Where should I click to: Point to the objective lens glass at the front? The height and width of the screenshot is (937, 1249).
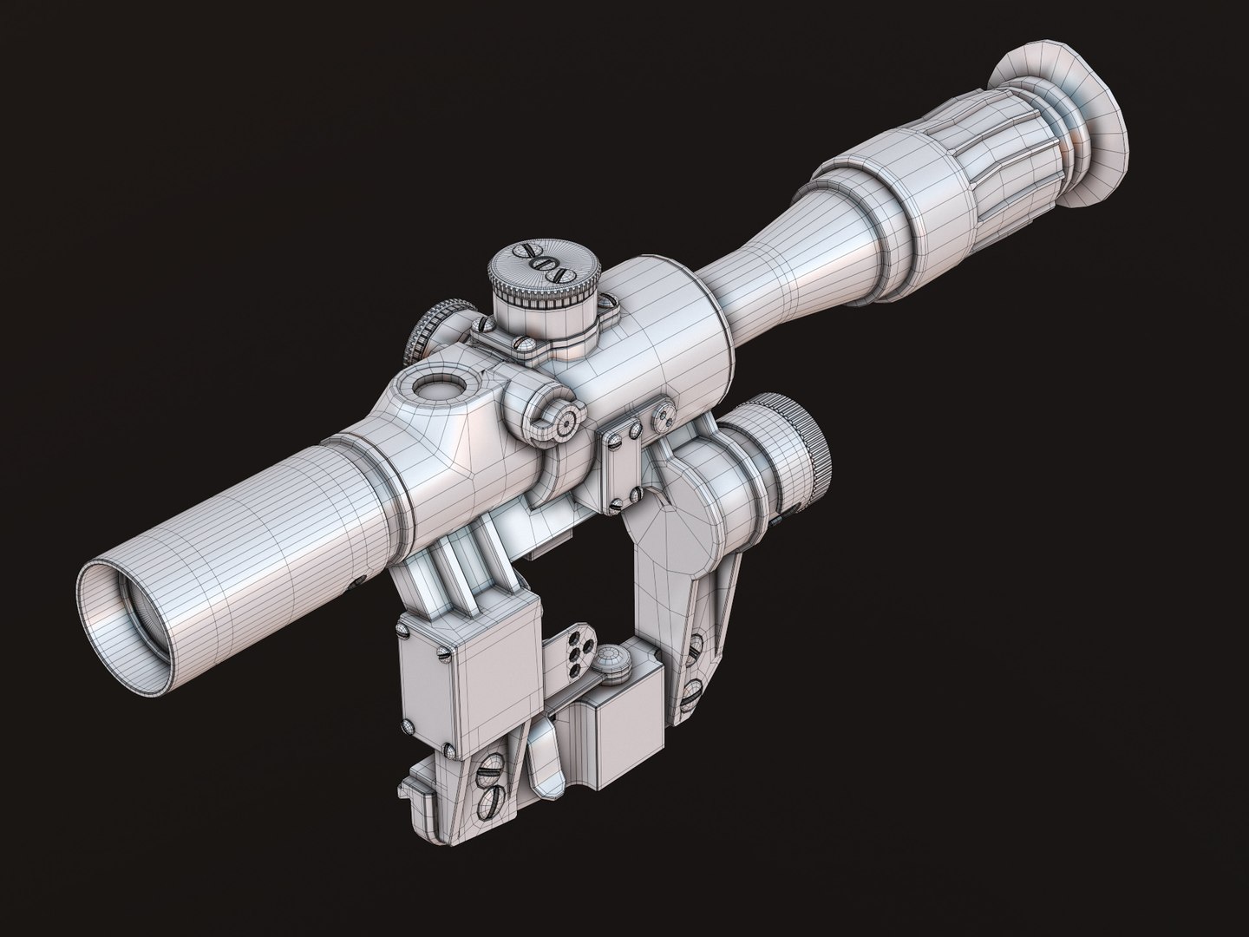pyautogui.click(x=130, y=607)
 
